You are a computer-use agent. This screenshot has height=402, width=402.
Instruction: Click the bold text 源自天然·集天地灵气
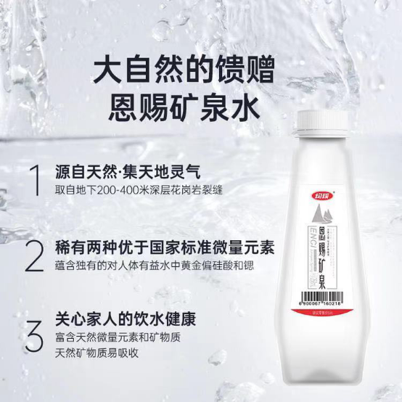[x=128, y=171]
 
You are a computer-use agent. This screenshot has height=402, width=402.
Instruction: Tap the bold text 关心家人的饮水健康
[x=127, y=319]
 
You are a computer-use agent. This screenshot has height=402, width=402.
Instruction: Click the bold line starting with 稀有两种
[x=166, y=245]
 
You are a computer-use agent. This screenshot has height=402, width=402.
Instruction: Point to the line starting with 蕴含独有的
[x=157, y=265]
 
